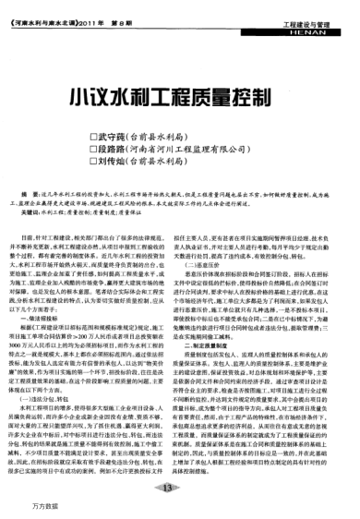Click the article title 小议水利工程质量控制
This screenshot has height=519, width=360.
182,96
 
